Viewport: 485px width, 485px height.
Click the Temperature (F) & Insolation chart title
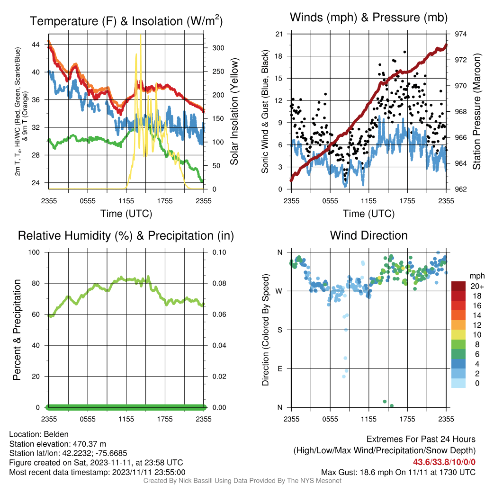(126, 21)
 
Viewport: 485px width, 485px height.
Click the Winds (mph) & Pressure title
(368, 18)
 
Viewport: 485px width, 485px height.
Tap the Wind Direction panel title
(368, 235)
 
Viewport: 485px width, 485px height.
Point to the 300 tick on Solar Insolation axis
(218, 48)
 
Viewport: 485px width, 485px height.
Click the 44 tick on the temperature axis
(36, 45)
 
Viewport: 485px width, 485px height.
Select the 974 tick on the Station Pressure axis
(460, 34)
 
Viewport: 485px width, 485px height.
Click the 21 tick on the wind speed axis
(279, 34)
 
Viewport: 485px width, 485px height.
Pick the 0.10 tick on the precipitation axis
(219, 252)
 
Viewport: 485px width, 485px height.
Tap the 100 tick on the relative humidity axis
(34, 252)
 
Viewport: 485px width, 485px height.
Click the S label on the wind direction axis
(279, 330)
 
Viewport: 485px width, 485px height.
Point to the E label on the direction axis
(279, 368)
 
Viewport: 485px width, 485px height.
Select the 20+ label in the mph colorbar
(476, 287)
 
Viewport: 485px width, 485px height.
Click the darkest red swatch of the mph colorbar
(458, 286)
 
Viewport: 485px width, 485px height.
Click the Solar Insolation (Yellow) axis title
(234, 111)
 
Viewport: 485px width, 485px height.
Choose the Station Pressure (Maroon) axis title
(476, 111)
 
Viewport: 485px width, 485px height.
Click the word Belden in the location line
(56, 434)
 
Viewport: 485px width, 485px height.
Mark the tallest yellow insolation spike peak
(141, 35)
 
